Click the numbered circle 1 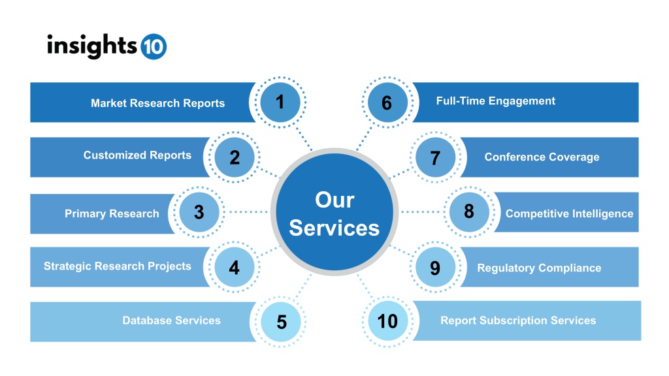coord(280,102)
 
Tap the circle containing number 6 coord(387,102)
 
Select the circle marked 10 coord(387,321)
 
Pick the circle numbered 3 coord(199,212)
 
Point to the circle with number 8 coord(469,212)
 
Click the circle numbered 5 coord(281,322)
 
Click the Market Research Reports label coord(158,103)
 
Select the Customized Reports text coord(137,155)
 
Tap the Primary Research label coord(112,213)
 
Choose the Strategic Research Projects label coord(118,266)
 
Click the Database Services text coord(172,321)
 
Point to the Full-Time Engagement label coord(496,101)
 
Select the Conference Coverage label coord(542,157)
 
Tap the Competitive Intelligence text coord(570,213)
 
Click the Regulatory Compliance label coord(539,268)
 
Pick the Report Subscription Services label coord(518,321)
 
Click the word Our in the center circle coord(334,200)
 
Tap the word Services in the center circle coord(334,228)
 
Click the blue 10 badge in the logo coord(154,46)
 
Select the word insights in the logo coord(92,46)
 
